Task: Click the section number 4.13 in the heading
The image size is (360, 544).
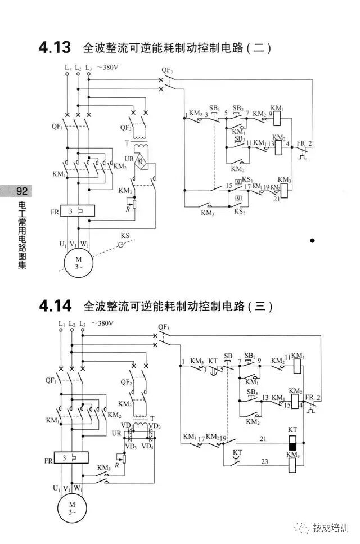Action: [55, 48]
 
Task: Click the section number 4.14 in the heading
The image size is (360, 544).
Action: [55, 307]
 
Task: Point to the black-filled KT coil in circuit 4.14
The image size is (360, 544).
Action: [292, 446]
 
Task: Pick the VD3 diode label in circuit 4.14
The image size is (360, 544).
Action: [131, 446]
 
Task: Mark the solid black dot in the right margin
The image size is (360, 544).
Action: [313, 241]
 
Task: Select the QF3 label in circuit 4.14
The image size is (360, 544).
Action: [164, 326]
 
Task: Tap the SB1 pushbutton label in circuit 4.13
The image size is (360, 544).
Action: [214, 107]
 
